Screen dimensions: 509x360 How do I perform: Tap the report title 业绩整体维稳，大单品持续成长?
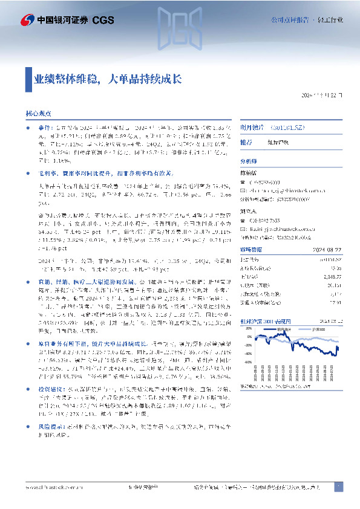(106, 79)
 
